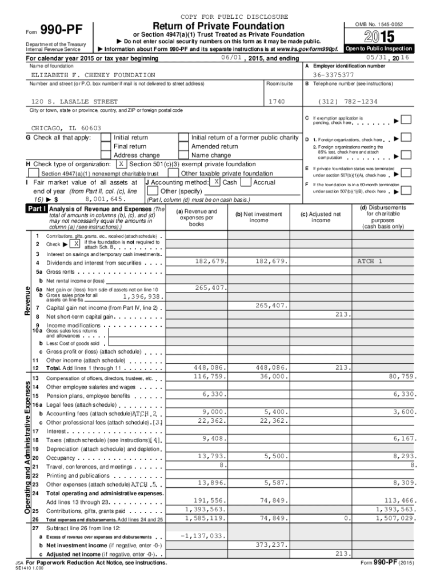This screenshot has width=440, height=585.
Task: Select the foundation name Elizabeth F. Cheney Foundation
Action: (93, 75)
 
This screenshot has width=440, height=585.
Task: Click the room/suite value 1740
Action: (277, 101)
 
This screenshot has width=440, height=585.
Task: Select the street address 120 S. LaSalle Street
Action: (74, 101)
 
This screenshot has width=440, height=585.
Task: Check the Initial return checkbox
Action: (106, 138)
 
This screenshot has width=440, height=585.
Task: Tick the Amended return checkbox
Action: (183, 147)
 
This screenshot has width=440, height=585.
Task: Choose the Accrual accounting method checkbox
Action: (246, 182)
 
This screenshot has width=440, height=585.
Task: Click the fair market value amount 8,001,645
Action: (105, 199)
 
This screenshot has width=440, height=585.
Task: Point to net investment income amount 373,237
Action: (267, 544)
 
